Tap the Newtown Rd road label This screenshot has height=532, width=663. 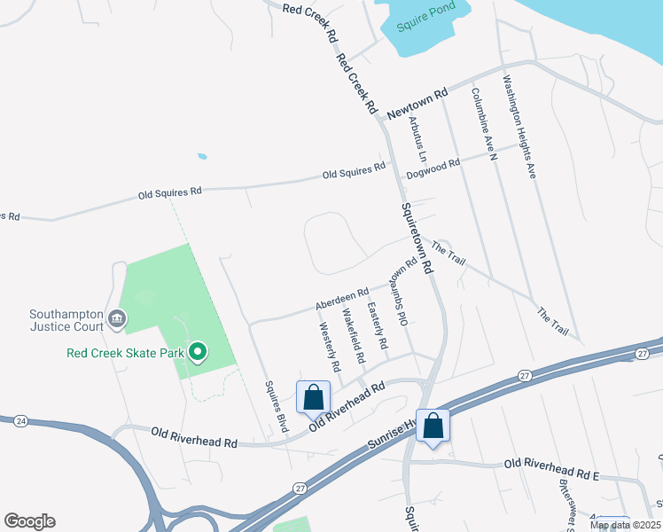pyautogui.click(x=417, y=104)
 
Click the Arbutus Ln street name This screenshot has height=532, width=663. pyautogui.click(x=417, y=139)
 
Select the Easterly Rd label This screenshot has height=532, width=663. pyautogui.click(x=378, y=323)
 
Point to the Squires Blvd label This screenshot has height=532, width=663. pyautogui.click(x=277, y=406)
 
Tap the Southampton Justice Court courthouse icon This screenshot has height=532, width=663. pyautogui.click(x=116, y=317)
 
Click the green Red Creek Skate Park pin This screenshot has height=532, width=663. pyautogui.click(x=199, y=353)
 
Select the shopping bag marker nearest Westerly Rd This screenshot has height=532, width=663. pyautogui.click(x=314, y=397)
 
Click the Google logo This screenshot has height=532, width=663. pyautogui.click(x=29, y=521)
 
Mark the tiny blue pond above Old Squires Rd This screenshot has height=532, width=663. pyautogui.click(x=203, y=157)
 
